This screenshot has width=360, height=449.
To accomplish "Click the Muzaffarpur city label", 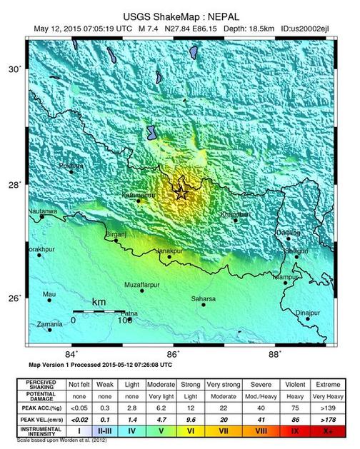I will pos(141,284).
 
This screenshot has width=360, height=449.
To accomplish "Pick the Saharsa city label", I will pos(204,298).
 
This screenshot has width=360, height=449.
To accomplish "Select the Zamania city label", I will pos(49,323).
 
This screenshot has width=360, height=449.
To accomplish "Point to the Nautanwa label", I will pos(42,212).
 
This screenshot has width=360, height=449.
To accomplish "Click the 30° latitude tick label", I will pos(15,69).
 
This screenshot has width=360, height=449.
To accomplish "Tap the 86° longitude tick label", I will pos(173,353).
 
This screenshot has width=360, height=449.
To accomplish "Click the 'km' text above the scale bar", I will pos(99,303).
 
